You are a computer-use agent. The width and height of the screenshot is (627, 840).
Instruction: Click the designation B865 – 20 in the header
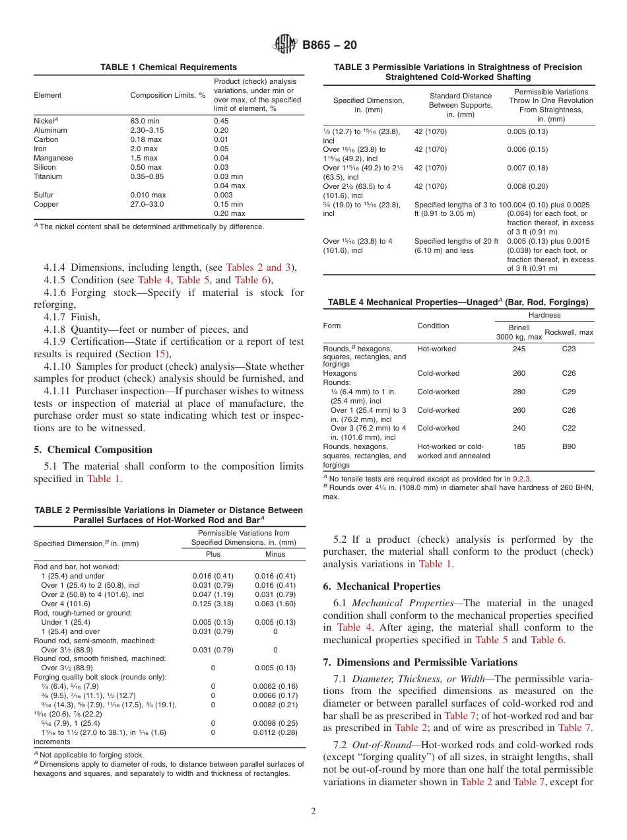click(329, 46)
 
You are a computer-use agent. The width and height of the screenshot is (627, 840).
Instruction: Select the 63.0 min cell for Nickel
click(145, 122)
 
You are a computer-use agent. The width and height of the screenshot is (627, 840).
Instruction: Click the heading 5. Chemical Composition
click(93, 450)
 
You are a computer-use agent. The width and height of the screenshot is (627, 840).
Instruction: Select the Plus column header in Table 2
click(213, 554)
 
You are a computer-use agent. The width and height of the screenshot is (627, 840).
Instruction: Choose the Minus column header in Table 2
click(275, 554)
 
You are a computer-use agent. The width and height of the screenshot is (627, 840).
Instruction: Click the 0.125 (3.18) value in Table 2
click(213, 604)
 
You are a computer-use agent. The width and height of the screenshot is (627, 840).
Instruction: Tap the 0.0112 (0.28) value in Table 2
click(275, 732)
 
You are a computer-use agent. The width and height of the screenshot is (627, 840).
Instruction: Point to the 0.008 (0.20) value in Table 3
click(527, 187)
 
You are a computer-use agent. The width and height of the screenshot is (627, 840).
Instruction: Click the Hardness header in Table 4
click(544, 316)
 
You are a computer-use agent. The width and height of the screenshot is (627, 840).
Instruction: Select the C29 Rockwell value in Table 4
click(568, 392)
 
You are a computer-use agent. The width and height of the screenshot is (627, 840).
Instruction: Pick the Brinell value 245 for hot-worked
click(519, 349)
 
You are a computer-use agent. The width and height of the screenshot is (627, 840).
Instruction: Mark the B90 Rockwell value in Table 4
click(568, 447)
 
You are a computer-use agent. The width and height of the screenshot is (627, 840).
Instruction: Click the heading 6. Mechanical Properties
click(381, 586)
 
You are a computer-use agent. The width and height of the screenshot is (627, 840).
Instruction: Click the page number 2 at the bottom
click(313, 812)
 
